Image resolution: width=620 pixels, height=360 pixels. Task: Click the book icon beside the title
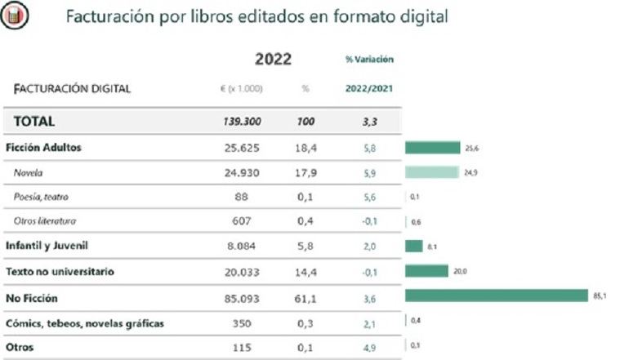point(16,16)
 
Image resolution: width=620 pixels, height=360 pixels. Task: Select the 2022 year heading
point(273,59)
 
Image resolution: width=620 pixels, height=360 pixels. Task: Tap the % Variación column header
point(369,60)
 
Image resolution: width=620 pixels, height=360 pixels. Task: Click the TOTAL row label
point(33,121)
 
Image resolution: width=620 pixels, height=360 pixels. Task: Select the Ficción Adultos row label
point(43,148)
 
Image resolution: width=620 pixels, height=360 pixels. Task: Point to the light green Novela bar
point(431,172)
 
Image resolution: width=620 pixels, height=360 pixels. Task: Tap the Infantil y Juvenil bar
point(414,246)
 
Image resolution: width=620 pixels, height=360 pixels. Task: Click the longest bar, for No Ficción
point(497,296)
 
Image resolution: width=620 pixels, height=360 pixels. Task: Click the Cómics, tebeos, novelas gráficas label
point(85,323)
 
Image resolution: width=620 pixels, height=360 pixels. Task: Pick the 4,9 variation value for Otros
point(369,347)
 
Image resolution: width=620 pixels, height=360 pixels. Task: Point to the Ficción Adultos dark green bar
point(433,148)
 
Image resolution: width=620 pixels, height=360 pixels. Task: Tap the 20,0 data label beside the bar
point(460,271)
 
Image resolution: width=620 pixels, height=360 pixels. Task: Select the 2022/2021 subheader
point(369,88)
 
